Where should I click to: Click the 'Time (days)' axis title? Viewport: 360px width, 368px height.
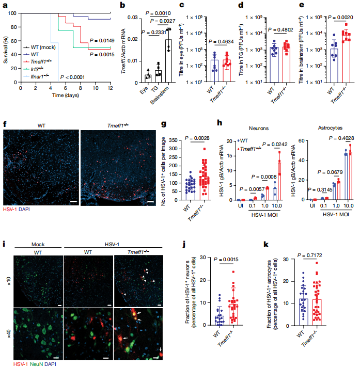pos(65,95)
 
